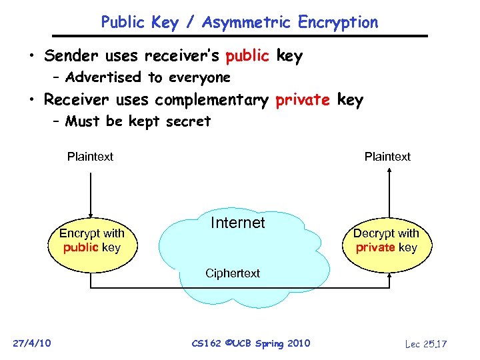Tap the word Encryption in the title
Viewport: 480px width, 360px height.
(x=339, y=22)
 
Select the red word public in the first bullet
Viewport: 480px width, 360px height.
(x=247, y=57)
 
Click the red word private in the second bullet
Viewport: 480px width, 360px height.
(x=303, y=100)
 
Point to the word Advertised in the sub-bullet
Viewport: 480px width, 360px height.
(x=103, y=77)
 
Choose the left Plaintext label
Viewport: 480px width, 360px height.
(x=90, y=157)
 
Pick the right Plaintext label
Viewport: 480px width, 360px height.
(x=387, y=157)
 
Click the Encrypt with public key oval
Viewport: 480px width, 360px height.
(x=92, y=241)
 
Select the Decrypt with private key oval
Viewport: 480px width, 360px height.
(x=386, y=241)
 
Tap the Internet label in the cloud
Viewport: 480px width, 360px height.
(x=237, y=223)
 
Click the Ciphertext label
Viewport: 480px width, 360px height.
(x=233, y=273)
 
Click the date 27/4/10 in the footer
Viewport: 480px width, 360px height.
(x=32, y=343)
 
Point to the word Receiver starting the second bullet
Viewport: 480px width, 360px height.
(x=77, y=100)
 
